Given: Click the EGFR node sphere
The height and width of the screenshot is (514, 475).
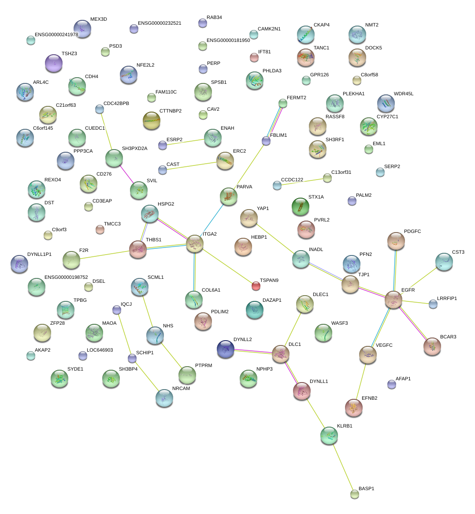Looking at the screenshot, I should coord(393,300).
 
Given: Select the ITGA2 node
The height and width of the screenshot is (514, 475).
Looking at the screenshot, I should coord(194,244).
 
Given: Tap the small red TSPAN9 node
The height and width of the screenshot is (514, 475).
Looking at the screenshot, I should coord(256,286).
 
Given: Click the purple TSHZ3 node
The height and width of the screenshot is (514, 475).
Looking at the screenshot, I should coord(54,63).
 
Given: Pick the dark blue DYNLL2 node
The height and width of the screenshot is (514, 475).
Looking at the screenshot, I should coord(226,349).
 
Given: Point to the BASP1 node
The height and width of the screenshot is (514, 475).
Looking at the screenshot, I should coord(355,494).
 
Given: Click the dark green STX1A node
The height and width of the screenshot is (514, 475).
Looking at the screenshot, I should coord(301,206).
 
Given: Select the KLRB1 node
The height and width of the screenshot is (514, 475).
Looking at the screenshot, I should coord(329,435).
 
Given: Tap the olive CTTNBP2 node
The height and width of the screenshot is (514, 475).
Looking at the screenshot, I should coord(152,120).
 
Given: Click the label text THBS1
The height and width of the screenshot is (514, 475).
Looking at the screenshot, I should coord(153,240).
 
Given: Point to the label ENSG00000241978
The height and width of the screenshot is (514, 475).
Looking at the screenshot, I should coord(56,35).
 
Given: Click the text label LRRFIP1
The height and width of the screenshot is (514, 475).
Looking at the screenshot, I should coord(447,299).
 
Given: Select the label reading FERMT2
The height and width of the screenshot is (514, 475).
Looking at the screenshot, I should coord(296,98).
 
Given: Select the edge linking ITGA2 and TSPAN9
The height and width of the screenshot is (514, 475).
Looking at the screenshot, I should coord(225,265).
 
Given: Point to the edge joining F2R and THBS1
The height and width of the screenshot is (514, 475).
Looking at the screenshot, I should coord(104,255).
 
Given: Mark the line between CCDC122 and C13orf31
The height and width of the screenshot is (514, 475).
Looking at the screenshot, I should coord(302,182).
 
